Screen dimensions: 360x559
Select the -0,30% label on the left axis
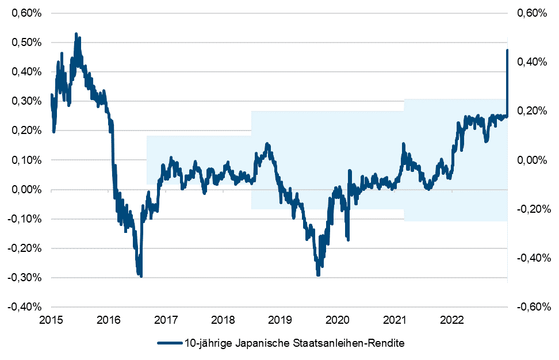[x=24, y=277]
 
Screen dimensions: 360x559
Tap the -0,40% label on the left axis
[x=24, y=307]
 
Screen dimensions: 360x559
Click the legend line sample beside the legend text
[x=169, y=344]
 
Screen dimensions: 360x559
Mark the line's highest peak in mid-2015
[x=76, y=35]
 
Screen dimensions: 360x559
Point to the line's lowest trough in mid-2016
[x=141, y=276]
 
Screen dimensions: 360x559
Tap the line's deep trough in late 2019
[x=318, y=275]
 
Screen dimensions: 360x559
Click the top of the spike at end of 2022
[x=507, y=51]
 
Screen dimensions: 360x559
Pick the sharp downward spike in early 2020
[x=348, y=239]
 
